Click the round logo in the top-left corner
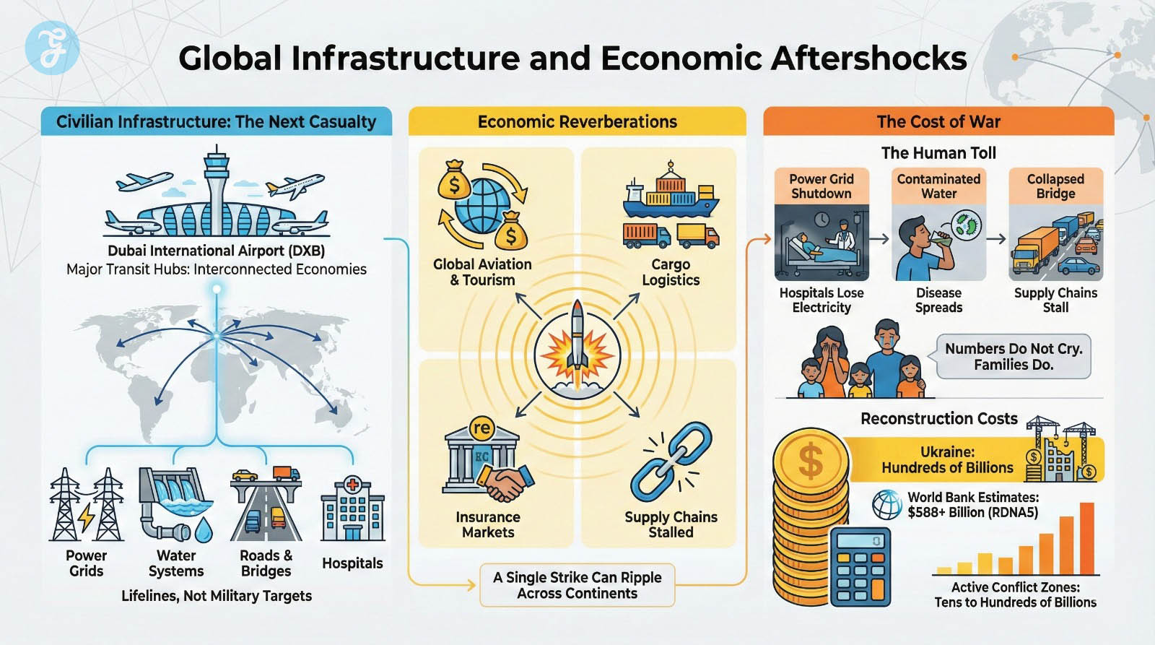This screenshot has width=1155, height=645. pos(52,48)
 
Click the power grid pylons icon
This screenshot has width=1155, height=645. pos(86,505)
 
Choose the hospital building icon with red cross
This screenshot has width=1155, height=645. pos(352,508)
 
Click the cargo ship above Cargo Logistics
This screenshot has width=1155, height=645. pos(671,191)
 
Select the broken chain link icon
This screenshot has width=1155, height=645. pos(671,462)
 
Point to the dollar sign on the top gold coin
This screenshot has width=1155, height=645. pos(811,461)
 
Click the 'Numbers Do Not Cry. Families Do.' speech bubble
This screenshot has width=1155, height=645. pos(1014,356)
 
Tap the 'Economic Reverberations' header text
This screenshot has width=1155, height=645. pos(577,121)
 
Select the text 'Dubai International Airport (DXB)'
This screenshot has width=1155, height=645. pos(216,251)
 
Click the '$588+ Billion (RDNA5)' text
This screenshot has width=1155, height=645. pos(972,513)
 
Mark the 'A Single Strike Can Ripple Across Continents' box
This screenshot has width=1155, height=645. pos(577,585)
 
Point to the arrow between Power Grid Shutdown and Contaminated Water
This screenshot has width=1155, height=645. pos(879,239)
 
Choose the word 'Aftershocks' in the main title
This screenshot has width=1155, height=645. pos(869,58)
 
